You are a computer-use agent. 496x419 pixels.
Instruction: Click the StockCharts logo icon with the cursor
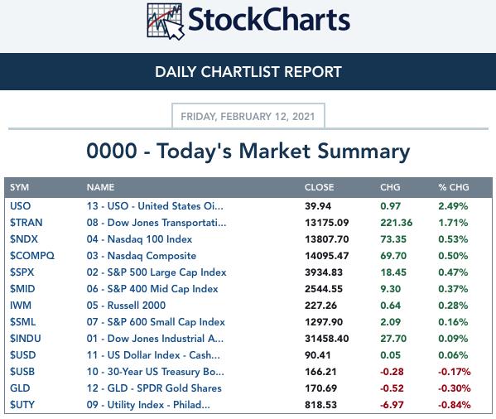(x=166, y=22)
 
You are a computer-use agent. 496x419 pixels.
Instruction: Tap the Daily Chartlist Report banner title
(x=248, y=72)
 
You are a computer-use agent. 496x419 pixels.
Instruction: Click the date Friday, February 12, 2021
(x=248, y=117)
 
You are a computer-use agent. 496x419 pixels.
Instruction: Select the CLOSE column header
(x=319, y=187)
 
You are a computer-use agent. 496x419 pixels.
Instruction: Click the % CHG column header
(x=454, y=187)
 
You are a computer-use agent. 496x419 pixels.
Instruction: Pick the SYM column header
(x=19, y=187)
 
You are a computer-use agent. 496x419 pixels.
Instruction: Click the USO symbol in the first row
(x=20, y=206)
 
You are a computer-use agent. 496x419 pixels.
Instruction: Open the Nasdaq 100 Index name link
(x=139, y=239)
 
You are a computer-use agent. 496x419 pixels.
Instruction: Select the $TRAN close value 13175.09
(x=327, y=223)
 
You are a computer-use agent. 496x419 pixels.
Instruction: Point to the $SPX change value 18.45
(x=393, y=272)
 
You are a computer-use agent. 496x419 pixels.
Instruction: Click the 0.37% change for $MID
(x=453, y=289)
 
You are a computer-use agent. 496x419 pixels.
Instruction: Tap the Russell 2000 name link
(x=126, y=306)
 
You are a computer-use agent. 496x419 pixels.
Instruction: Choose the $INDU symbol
(x=26, y=339)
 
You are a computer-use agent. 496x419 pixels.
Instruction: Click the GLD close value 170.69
(x=320, y=388)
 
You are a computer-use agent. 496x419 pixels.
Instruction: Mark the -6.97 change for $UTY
(x=392, y=404)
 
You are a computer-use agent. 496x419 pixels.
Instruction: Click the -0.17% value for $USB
(x=455, y=372)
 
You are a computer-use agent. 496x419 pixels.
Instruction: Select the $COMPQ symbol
(x=32, y=256)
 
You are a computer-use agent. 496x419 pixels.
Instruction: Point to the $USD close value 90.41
(x=318, y=354)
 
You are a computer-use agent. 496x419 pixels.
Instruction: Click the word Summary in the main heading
(x=364, y=152)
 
